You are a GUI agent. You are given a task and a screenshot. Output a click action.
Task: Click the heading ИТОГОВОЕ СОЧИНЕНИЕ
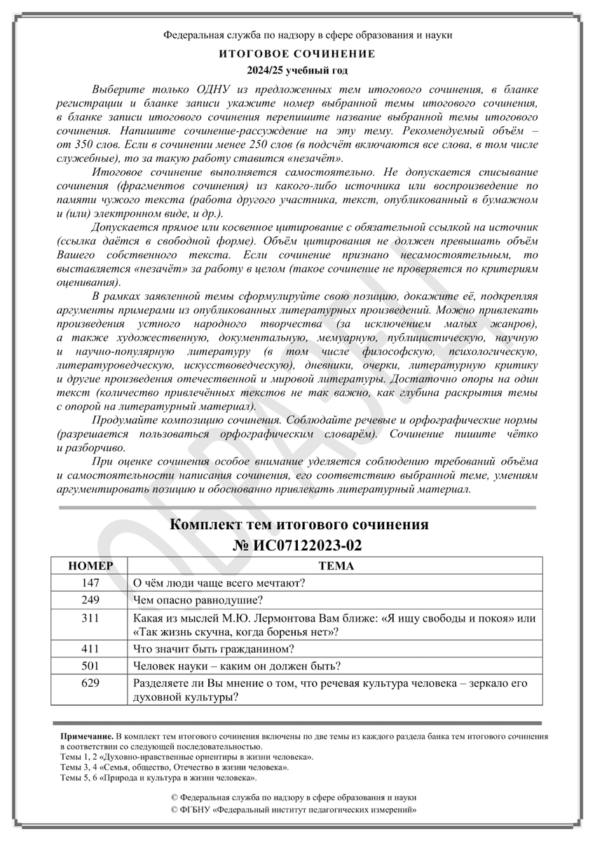coord(297,54)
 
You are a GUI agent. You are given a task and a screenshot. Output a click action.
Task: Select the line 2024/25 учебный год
coord(297,71)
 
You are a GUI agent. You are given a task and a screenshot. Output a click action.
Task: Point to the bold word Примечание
coord(87,738)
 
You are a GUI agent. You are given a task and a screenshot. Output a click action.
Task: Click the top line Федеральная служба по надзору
coord(297,34)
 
